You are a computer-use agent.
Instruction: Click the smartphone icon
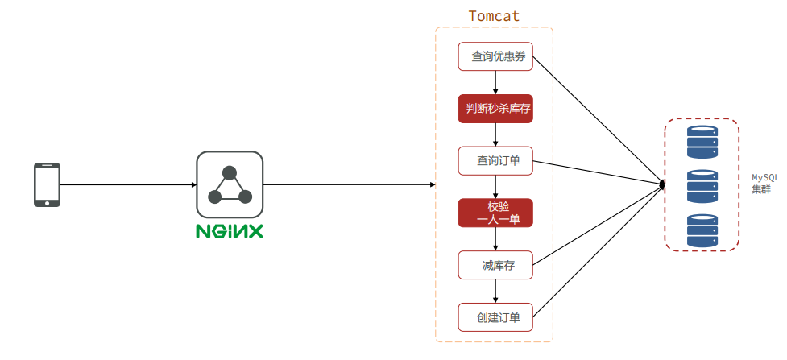coord(47,184)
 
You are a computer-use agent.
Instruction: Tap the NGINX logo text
coord(230,231)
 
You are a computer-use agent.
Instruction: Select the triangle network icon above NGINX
coord(230,184)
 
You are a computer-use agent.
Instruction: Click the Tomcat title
coord(494,16)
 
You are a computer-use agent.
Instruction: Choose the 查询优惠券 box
coord(495,56)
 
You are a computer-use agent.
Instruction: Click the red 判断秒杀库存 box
coord(495,109)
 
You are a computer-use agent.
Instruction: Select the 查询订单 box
coord(495,160)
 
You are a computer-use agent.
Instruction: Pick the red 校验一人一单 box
coord(495,213)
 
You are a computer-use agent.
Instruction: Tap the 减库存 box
coord(495,265)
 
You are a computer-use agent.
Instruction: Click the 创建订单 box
coord(495,317)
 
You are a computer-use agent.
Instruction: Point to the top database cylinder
coord(702,142)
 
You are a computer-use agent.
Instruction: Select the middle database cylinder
coord(702,186)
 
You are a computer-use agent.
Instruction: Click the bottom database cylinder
coord(702,230)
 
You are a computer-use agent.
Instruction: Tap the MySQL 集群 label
coord(764,184)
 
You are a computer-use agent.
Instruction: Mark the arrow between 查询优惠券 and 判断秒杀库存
coord(495,82)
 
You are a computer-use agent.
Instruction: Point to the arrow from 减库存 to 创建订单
coord(495,291)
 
